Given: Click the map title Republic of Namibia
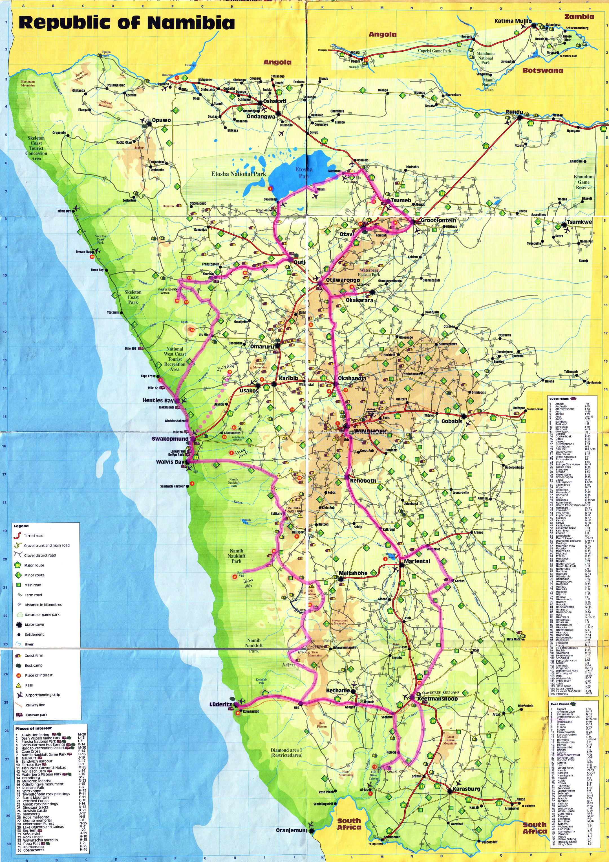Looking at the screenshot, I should tap(127, 23).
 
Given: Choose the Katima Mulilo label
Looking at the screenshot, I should tap(513, 21).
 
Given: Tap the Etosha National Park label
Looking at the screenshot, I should tap(239, 174).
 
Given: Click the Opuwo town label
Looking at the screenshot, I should tap(161, 121).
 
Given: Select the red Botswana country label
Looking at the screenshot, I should tap(543, 70).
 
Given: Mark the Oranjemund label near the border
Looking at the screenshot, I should tap(291, 830).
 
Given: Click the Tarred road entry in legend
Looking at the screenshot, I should tap(34, 536).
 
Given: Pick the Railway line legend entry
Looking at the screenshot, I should tap(35, 705).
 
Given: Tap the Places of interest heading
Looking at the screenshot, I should tap(33, 728).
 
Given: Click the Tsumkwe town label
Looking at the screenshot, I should tap(579, 222).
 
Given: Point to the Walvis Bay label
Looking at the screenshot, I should tap(170, 462).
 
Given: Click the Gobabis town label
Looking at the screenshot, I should tap(451, 421).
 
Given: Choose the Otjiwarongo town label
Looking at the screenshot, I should tap(343, 280).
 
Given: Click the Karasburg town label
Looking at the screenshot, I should tap(466, 789).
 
